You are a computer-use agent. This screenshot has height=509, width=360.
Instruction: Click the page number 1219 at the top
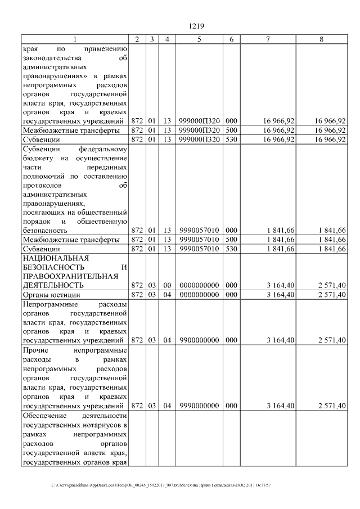point(196,25)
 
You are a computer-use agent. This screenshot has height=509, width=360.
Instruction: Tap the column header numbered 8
point(321,39)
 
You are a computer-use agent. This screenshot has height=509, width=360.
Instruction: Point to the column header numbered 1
point(74,39)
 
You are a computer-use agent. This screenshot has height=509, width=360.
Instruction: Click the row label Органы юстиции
point(51,294)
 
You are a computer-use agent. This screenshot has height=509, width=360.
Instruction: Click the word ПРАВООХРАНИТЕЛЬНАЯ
point(70,276)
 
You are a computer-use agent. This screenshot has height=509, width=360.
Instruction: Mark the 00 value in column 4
point(166,285)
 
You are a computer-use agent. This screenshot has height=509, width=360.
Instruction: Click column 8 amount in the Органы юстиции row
point(331,294)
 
